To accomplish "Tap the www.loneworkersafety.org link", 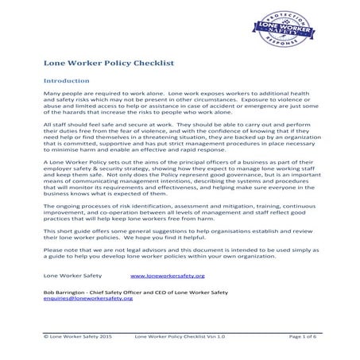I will pyautogui.click(x=167, y=275).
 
